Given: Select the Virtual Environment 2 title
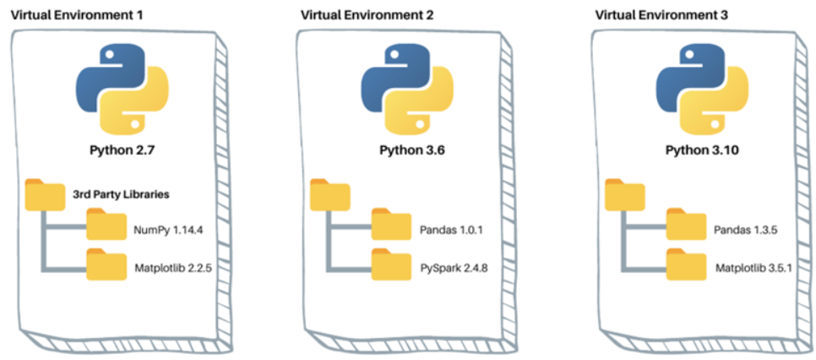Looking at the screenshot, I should click(358, 14).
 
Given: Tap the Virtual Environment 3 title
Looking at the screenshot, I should click(652, 14).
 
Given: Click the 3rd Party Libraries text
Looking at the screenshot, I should click(122, 194).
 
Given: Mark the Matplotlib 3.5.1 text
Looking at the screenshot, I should click(753, 270).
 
